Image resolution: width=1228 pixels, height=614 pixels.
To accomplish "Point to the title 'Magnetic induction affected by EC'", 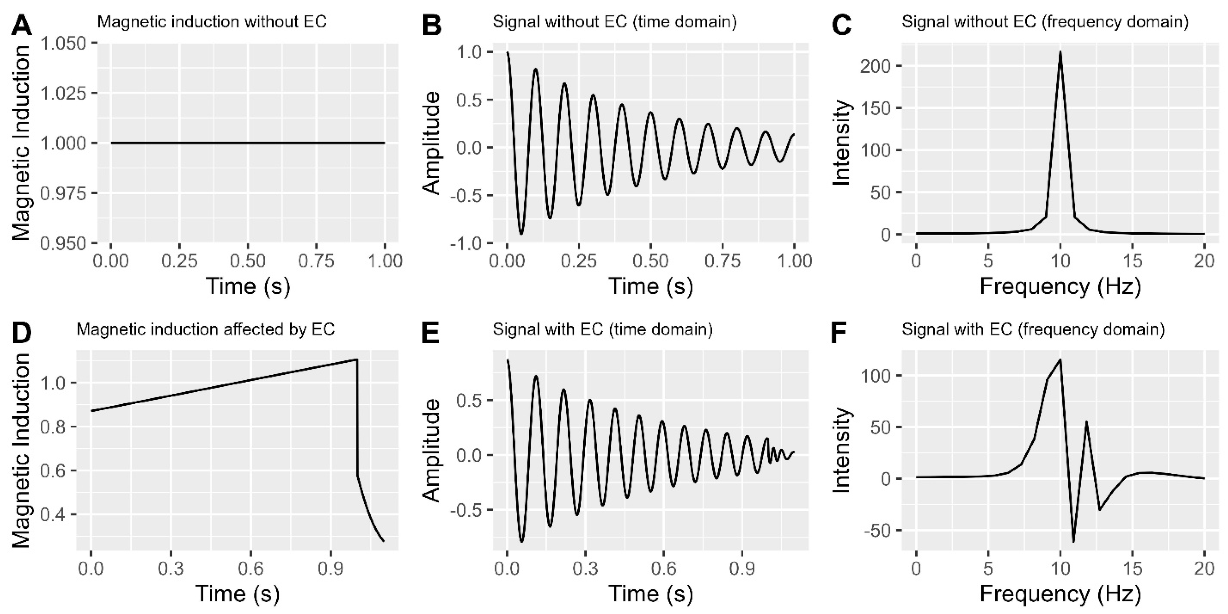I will (205, 330).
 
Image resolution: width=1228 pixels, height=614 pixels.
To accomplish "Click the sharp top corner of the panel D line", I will (356, 360).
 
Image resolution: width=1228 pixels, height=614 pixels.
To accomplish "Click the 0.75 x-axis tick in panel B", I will (722, 261).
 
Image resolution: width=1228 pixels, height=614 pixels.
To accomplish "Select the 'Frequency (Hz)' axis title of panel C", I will (1060, 287).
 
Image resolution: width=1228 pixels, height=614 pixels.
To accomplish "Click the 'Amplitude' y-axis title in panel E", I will (432, 451).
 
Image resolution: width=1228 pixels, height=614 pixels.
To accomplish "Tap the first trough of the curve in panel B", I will (521, 234).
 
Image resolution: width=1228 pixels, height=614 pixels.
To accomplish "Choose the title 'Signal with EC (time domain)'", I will (602, 330).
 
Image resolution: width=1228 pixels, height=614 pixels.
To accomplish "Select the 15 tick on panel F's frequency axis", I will (1133, 569).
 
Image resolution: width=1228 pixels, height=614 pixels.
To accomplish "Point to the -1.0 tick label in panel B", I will (467, 243).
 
